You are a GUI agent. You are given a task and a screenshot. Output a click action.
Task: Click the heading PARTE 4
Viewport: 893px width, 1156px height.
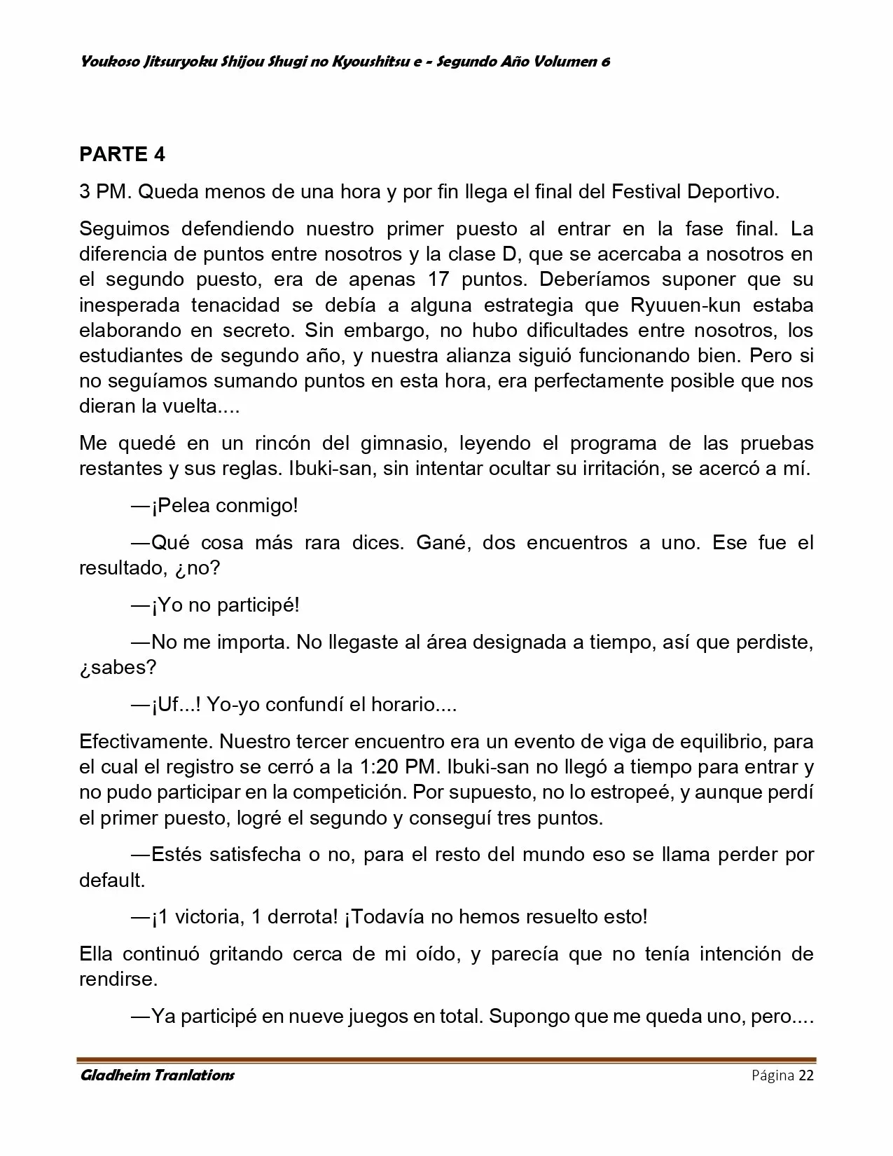(122, 154)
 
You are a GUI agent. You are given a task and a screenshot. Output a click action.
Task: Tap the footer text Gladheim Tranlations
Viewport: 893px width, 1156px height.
(157, 1075)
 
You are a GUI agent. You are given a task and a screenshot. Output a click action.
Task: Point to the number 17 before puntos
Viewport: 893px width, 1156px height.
(440, 280)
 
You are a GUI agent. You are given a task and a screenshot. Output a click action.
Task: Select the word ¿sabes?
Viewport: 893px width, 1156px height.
(118, 666)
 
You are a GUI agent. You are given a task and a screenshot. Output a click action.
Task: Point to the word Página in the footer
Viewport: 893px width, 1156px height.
(773, 1075)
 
